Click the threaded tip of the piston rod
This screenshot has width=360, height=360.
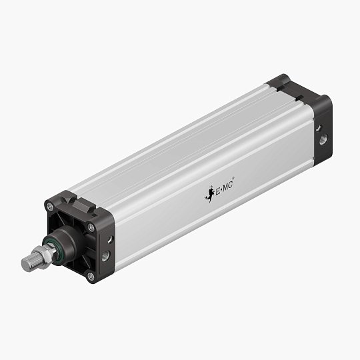pos(28,263)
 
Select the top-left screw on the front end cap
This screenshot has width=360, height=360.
pos(51,207)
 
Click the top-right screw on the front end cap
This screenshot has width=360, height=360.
pos(91,228)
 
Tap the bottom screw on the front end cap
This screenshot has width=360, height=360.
pos(90,275)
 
